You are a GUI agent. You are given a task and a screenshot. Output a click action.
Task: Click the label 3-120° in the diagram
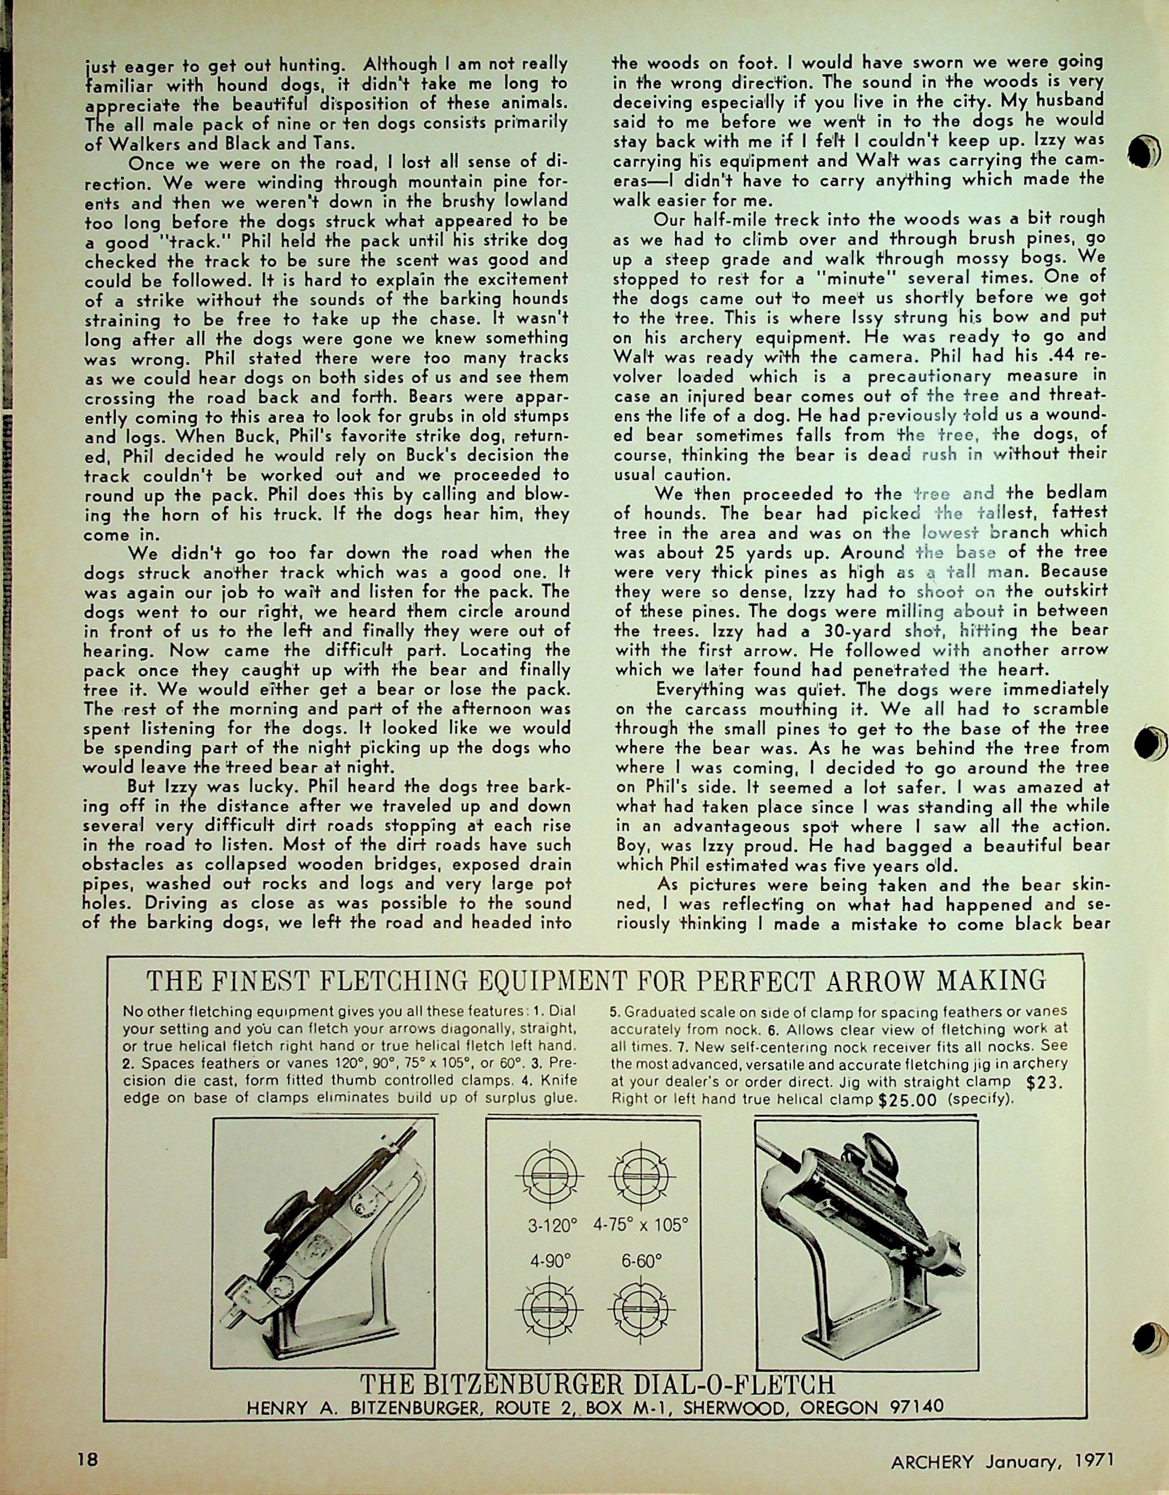pyautogui.click(x=550, y=1225)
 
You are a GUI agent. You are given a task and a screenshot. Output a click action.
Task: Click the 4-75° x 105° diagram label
pyautogui.click(x=641, y=1225)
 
